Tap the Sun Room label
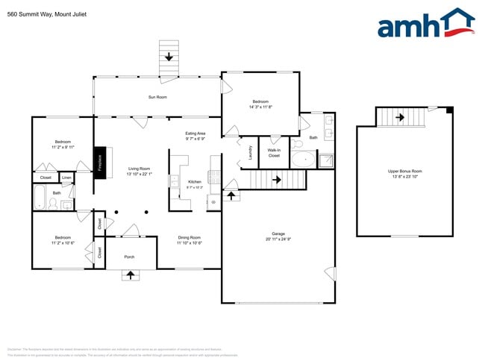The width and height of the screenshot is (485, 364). (157, 97)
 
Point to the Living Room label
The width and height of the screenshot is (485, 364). (139, 169)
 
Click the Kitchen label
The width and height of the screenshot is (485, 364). (194, 182)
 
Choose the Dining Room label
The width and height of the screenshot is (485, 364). (190, 238)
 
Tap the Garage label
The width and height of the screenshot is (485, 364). (278, 233)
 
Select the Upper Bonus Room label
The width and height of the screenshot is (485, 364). (404, 172)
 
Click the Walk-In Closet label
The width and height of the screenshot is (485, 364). (274, 153)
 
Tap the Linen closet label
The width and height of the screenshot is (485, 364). (66, 178)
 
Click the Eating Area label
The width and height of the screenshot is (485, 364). (195, 134)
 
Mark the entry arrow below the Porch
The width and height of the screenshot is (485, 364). (131, 274)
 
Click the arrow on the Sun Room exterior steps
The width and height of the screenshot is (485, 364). (169, 57)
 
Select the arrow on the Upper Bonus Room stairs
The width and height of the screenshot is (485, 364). (400, 117)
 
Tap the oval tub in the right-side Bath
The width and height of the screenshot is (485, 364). (303, 159)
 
